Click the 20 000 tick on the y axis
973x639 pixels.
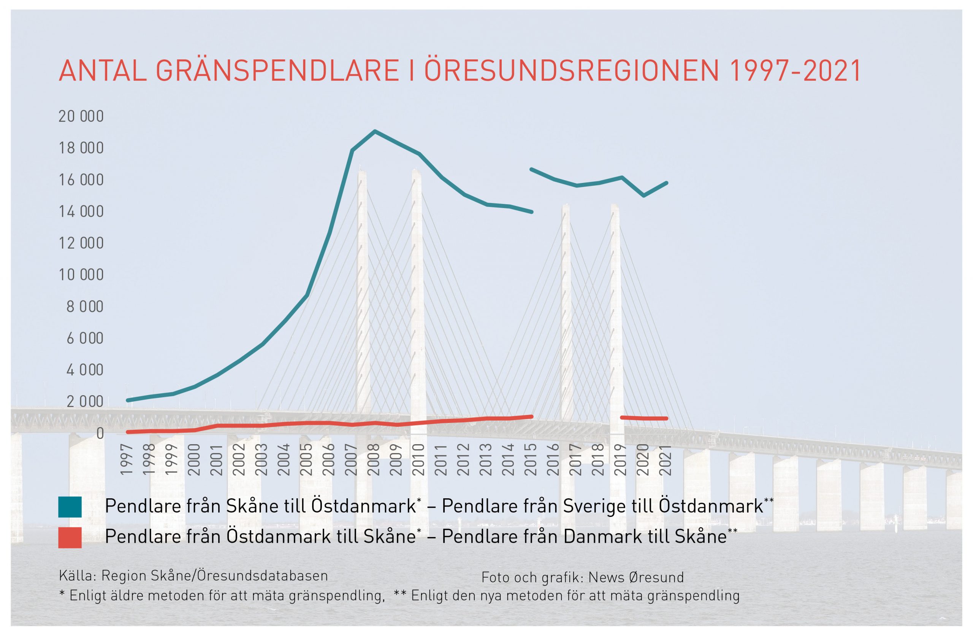[81, 117]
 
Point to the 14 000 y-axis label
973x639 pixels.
[81, 211]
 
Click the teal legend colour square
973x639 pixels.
[70, 507]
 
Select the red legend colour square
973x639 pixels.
[70, 537]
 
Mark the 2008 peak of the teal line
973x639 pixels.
[374, 131]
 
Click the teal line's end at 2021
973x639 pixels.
[667, 183]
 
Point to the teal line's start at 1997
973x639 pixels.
[128, 400]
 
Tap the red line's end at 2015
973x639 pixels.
[532, 416]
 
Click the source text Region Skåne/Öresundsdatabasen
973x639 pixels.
[215, 575]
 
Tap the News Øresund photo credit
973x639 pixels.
[636, 577]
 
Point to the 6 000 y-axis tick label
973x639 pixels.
[85, 338]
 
